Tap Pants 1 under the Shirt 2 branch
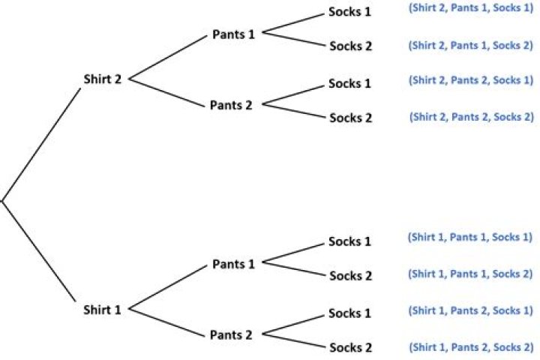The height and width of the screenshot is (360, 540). point(233,34)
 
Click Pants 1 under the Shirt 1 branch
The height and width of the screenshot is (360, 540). point(233,264)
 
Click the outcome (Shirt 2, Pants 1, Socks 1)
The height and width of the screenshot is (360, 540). point(471,10)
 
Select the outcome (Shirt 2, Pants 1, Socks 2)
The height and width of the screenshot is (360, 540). point(471,45)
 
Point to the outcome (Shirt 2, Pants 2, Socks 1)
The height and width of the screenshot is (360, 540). point(471,80)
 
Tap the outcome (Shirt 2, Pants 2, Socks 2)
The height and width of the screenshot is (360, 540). point(471,116)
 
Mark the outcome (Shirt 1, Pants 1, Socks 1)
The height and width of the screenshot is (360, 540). point(470,238)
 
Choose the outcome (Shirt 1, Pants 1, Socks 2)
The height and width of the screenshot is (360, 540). point(470,274)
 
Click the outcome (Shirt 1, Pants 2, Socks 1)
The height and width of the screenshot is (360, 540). point(470,310)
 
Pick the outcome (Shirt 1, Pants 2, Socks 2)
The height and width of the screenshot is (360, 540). point(470,347)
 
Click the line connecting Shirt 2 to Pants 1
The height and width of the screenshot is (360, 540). point(169,57)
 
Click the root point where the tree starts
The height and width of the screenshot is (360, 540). point(2,199)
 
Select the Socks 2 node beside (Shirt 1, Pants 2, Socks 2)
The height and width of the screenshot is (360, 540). point(350,348)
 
